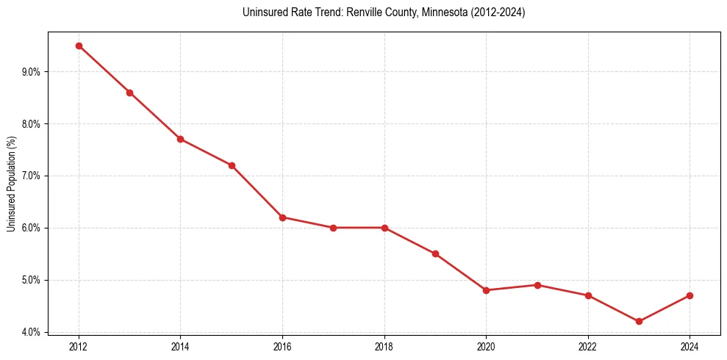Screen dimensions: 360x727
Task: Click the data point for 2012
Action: click(79, 46)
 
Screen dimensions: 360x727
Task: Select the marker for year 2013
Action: click(129, 93)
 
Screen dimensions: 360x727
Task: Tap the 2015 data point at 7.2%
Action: click(232, 165)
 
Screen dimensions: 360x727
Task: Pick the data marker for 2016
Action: click(282, 217)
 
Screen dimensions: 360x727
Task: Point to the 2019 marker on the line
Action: click(435, 253)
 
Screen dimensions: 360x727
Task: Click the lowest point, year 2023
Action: click(639, 321)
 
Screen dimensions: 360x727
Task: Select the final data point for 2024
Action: click(690, 295)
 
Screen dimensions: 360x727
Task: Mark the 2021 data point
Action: click(537, 285)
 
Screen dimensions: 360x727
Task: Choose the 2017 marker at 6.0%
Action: click(333, 228)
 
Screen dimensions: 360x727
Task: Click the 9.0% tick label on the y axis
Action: click(31, 72)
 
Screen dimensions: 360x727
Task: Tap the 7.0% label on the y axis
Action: click(31, 176)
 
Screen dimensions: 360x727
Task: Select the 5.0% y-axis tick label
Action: click(31, 280)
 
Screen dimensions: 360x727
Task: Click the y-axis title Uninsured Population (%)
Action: click(11, 184)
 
